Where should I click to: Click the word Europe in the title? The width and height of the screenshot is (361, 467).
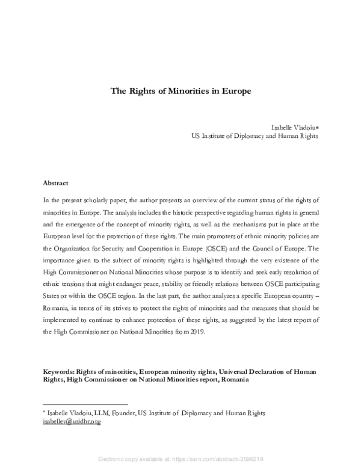[233, 92]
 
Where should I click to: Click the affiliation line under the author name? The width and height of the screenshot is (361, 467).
[255, 137]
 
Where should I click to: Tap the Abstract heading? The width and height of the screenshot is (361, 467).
[55, 182]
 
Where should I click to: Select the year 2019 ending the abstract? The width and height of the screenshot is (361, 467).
[199, 331]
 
